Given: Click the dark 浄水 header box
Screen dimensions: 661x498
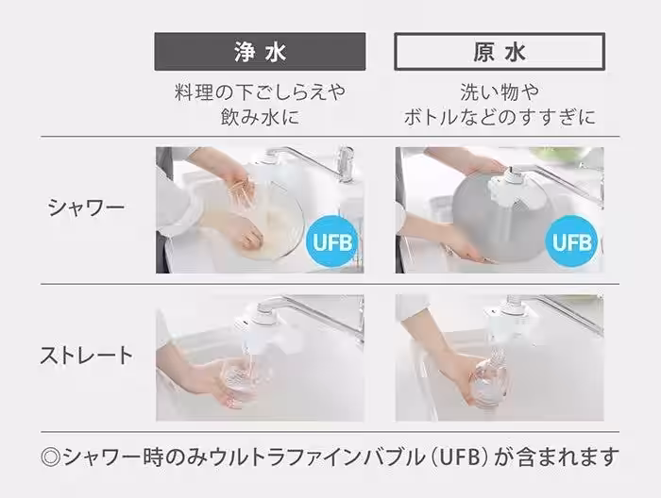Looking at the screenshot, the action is (260, 51).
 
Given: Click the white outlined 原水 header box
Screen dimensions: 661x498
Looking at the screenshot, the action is (500, 51).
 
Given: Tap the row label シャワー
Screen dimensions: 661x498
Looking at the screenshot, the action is (86, 207).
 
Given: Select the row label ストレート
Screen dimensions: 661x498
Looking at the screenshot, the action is (86, 356).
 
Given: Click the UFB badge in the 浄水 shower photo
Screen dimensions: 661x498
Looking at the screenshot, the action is (331, 241).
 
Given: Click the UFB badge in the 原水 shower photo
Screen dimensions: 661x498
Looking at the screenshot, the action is (571, 241).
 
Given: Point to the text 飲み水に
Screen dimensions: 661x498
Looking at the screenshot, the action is (260, 117).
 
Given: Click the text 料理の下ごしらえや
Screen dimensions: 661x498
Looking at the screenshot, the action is (260, 91).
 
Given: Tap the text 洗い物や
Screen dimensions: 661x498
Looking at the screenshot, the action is (500, 91).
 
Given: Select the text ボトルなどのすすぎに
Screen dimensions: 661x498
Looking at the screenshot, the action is (500, 117).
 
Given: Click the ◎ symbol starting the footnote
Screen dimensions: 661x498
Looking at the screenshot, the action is (51, 457).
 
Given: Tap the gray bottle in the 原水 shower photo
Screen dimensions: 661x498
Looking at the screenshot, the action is (497, 219).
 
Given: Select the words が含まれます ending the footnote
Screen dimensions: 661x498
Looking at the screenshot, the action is (556, 457).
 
